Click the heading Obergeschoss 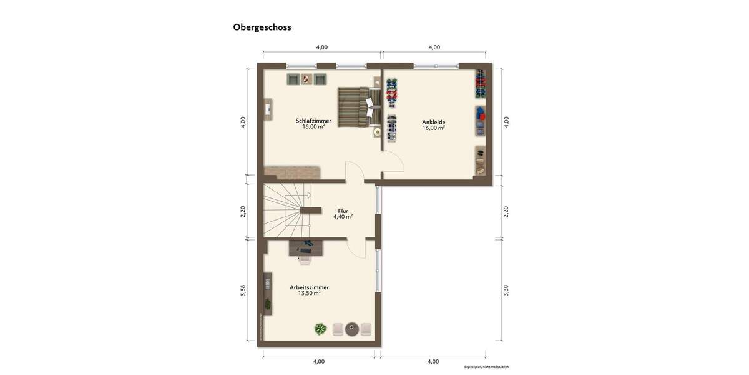(262, 27)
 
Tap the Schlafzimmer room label (313, 121)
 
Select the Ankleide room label (433, 122)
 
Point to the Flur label (343, 211)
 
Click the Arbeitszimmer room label (309, 287)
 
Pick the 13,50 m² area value (309, 293)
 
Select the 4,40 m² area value (343, 217)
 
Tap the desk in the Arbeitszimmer (306, 248)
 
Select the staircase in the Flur (286, 210)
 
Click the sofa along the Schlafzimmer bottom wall (291, 172)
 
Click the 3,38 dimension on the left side (243, 291)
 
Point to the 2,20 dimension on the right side (506, 211)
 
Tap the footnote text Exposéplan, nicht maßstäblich (486, 367)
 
